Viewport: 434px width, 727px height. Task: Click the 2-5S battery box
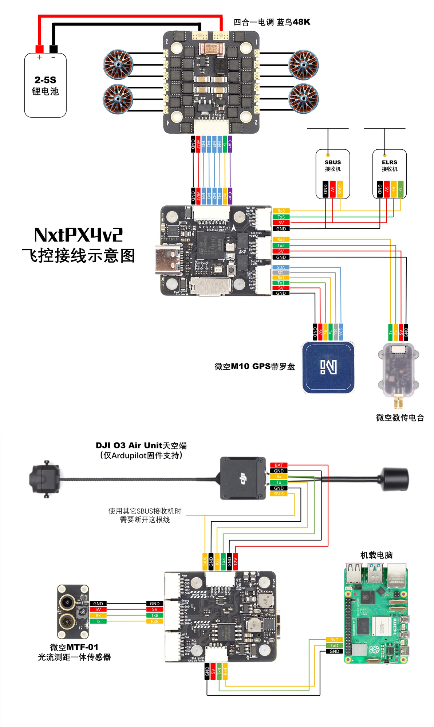(x=45, y=86)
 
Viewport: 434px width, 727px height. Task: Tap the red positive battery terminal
(x=39, y=49)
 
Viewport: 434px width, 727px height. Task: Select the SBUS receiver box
(x=332, y=174)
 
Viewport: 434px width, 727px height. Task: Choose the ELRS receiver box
(x=389, y=174)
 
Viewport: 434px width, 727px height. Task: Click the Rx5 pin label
(x=281, y=211)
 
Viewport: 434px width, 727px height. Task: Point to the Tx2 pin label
(x=281, y=245)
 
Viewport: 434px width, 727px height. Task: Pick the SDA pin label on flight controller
(x=281, y=267)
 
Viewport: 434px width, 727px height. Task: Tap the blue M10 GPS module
(x=328, y=367)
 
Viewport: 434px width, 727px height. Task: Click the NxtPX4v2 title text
(x=78, y=235)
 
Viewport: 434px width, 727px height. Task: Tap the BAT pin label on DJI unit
(x=279, y=465)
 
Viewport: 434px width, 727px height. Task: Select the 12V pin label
(x=235, y=562)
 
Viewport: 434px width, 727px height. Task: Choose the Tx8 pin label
(x=155, y=615)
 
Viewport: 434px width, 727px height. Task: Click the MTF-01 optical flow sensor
(x=73, y=612)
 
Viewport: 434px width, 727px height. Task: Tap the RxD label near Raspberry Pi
(x=334, y=640)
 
